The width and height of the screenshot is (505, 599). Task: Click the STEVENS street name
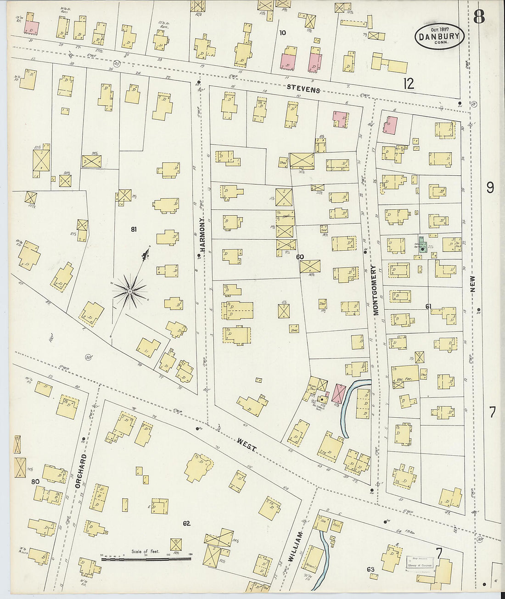pos(303,88)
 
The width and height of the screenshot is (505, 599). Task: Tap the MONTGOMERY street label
pos(375,290)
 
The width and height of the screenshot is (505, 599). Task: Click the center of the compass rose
pos(130,291)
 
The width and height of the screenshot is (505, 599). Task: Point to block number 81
pos(133,229)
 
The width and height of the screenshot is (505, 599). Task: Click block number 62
pos(186,523)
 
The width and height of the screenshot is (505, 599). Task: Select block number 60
pos(300,257)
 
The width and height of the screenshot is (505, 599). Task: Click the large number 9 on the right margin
pos(490,188)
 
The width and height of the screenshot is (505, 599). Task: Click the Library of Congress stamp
pos(421,563)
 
